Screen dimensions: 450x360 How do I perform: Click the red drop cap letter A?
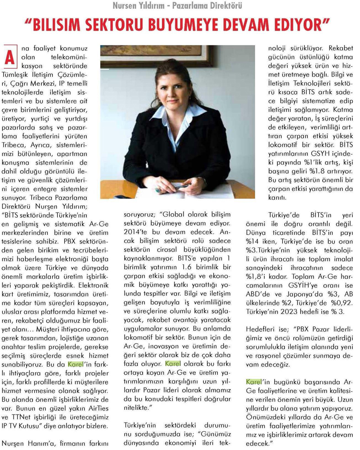point(11,56)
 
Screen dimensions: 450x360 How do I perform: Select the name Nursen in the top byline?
point(129,6)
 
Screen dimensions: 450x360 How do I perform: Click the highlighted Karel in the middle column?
point(173,363)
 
